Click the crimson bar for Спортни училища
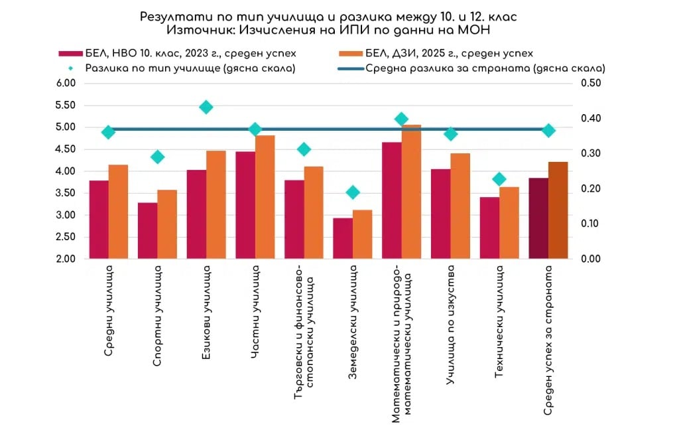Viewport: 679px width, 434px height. [148, 230]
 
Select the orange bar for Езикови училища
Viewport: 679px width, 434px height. [216, 204]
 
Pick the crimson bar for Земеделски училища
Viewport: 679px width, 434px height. [343, 238]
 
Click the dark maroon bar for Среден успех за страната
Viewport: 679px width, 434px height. [538, 218]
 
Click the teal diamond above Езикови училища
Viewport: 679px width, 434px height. [206, 108]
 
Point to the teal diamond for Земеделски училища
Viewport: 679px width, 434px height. [353, 192]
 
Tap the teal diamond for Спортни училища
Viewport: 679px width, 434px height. [158, 157]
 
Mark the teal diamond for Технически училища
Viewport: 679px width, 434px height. [499, 179]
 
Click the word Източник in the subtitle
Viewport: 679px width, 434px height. [196, 30]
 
